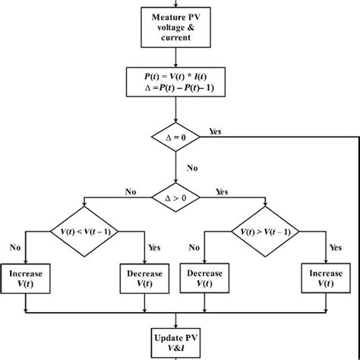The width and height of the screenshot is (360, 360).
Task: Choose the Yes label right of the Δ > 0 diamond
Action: pyautogui.click(x=222, y=191)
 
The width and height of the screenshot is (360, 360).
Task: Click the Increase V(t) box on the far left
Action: pyautogui.click(x=25, y=278)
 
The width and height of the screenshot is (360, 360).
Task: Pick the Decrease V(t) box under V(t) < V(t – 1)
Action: pyautogui.click(x=141, y=278)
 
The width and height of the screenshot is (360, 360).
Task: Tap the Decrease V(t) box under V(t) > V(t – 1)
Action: pyautogui.click(x=203, y=278)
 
